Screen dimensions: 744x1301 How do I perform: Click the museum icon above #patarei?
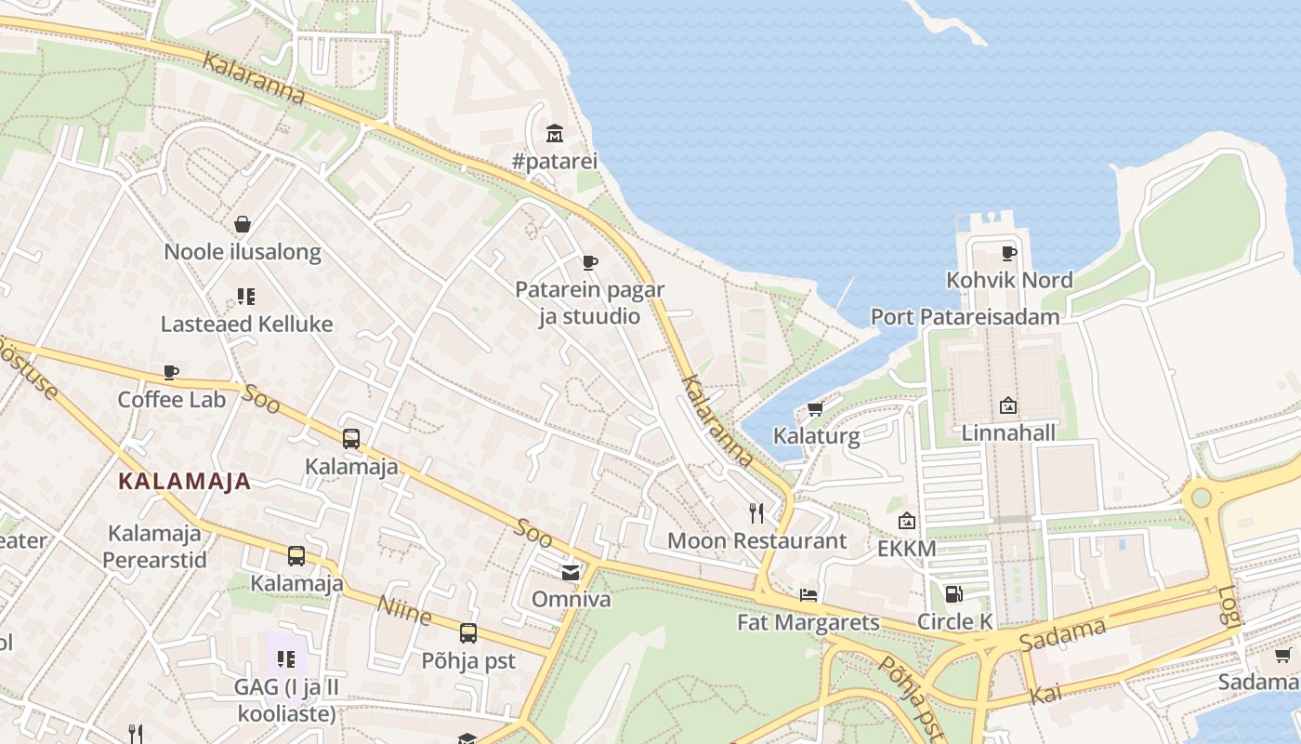tap(555, 133)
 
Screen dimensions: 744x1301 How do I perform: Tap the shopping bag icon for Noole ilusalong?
tap(243, 224)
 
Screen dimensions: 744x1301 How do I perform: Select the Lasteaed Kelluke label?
tap(246, 325)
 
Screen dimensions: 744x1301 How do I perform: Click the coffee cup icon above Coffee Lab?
tap(171, 373)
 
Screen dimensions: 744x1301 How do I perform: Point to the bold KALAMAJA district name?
tap(185, 482)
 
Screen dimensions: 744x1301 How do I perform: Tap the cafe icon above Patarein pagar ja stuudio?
tap(589, 263)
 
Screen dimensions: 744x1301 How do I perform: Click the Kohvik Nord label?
tap(1009, 280)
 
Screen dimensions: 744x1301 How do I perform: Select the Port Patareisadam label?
tap(965, 317)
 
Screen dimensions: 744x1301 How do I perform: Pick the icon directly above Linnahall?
tap(1008, 405)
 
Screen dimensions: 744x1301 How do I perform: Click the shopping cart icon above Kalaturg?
tap(815, 409)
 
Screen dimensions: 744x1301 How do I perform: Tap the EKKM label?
tap(907, 549)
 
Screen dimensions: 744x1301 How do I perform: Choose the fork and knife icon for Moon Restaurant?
tap(756, 512)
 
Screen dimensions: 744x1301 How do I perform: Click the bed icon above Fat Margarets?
tap(808, 594)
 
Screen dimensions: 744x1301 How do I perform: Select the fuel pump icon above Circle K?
tap(953, 593)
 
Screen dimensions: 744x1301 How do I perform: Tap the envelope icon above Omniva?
tap(571, 572)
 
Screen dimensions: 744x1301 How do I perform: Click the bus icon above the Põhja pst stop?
tap(468, 633)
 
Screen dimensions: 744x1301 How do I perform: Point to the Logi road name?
tap(1229, 606)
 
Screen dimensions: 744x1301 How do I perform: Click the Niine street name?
tap(404, 610)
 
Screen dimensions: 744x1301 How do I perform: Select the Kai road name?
tap(1045, 694)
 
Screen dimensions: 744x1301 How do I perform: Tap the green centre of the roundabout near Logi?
tap(1202, 497)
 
